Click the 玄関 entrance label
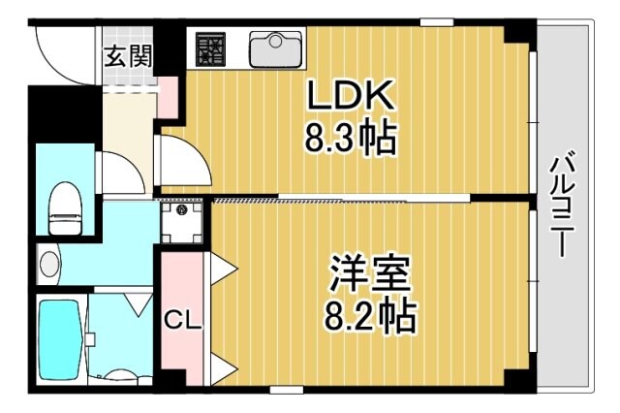pos(129,55)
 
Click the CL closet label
pos(181,319)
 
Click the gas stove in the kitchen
pos(210,49)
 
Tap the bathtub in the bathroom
pos(59,339)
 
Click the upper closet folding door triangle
pos(220,264)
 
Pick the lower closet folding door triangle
pos(220,368)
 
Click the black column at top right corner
pos(518,32)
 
